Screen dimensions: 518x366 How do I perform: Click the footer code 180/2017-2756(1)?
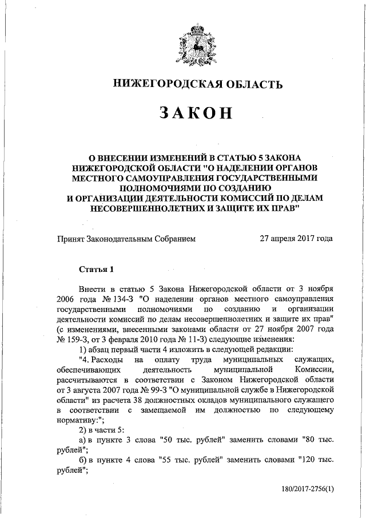[x=307, y=490]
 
